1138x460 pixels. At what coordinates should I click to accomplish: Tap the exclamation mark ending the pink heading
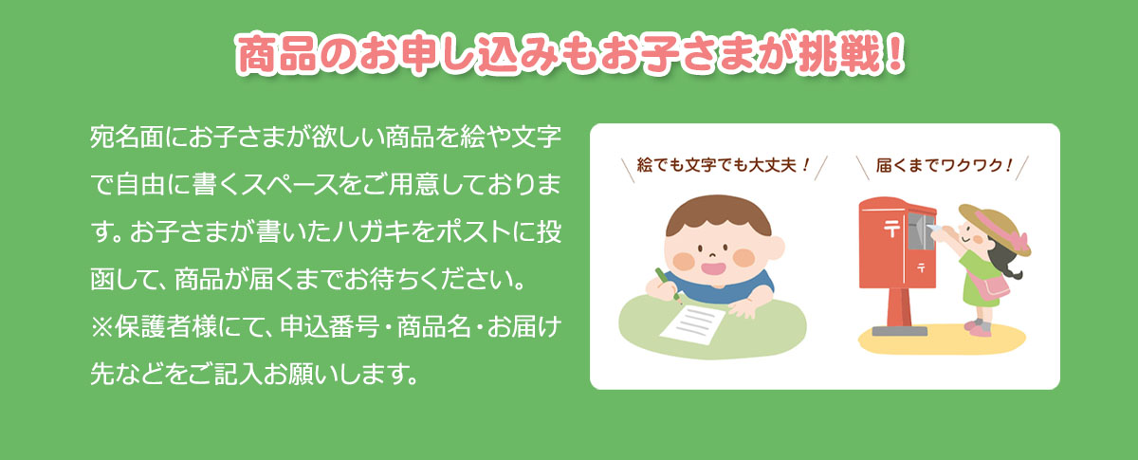pos(895,53)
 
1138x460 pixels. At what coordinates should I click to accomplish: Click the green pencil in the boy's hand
pos(668,285)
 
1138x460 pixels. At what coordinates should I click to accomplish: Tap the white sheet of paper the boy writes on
pos(692,323)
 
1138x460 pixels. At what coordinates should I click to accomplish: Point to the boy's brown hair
pos(718,213)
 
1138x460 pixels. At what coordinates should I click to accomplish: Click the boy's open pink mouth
pos(713,267)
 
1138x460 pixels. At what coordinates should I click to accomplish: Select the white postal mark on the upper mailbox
pos(891,229)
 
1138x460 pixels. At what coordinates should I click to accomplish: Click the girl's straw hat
pos(995,229)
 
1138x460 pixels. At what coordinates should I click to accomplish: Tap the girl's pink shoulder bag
pos(995,287)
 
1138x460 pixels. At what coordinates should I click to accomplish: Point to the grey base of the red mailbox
pos(900,331)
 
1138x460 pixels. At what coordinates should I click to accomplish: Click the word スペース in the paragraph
pos(290,184)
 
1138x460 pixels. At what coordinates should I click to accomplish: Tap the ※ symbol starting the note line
pos(102,327)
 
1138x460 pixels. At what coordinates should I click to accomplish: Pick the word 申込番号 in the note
pos(330,326)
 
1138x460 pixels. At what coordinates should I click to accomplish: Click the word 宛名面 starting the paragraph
pos(127,137)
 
